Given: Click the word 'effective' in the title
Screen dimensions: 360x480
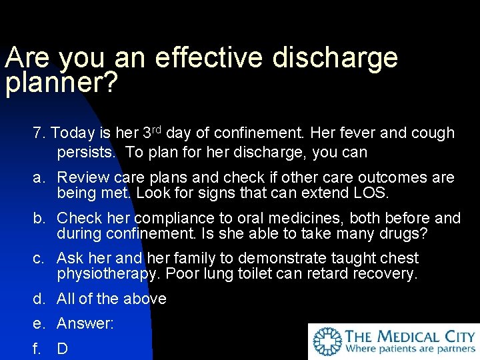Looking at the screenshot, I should tap(209, 59).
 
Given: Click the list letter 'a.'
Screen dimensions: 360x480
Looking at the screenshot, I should tap(39, 178).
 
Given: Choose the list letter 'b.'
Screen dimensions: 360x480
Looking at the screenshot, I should tap(39, 218).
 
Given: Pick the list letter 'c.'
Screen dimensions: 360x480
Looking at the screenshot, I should tap(39, 258).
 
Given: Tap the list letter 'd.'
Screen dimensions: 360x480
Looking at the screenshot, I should tap(39, 299).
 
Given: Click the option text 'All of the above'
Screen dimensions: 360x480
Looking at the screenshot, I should tap(111, 299).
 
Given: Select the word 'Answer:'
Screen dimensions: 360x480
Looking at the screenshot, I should tap(85, 324).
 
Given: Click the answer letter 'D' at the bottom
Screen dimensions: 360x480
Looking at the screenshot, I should tap(63, 349).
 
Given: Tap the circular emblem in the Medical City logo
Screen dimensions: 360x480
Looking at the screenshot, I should tap(327, 341).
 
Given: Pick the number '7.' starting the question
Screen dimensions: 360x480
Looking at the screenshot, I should tap(39, 133).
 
